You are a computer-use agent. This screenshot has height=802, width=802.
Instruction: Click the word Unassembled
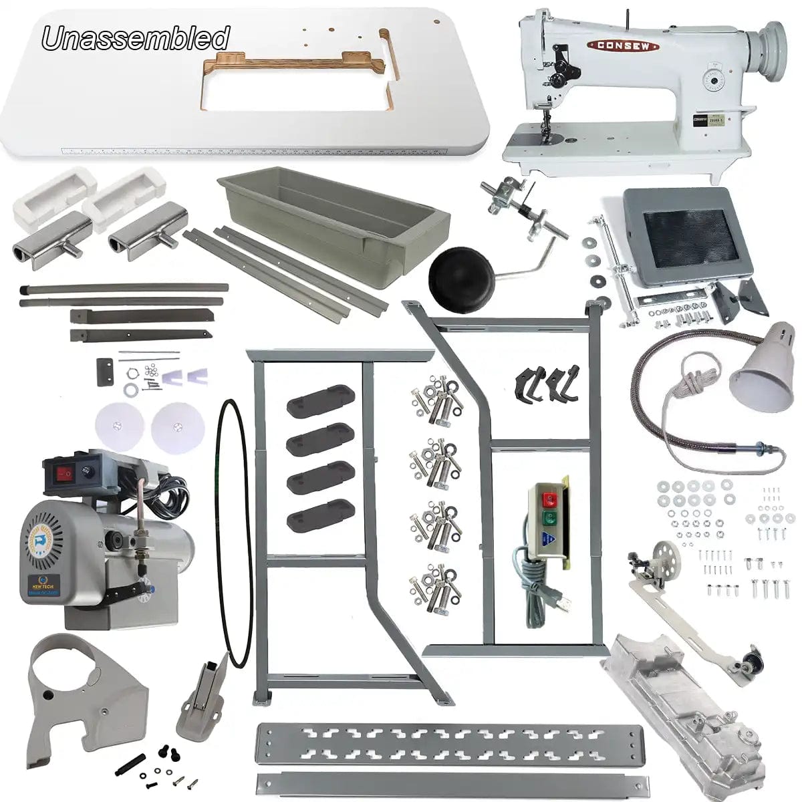136,38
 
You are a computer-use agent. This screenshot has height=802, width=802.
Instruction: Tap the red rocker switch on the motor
65,474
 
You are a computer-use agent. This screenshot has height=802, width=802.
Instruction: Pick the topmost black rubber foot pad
319,398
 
